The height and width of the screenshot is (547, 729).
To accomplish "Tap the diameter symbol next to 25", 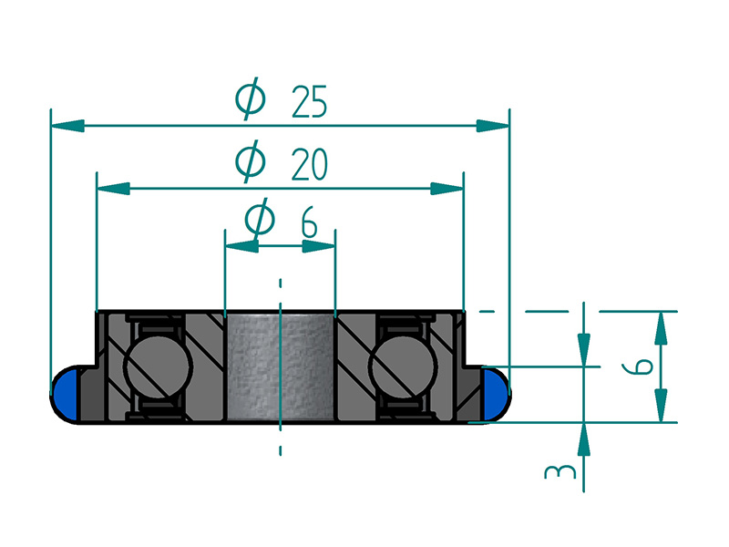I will [x=249, y=98].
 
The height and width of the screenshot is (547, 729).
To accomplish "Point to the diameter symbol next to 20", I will [x=250, y=161].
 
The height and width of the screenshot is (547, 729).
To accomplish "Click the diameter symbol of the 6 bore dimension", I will [x=260, y=220].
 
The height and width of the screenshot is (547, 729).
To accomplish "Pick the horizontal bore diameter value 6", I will [x=309, y=222].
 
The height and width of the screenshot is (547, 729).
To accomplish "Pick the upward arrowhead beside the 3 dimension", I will [x=584, y=438].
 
